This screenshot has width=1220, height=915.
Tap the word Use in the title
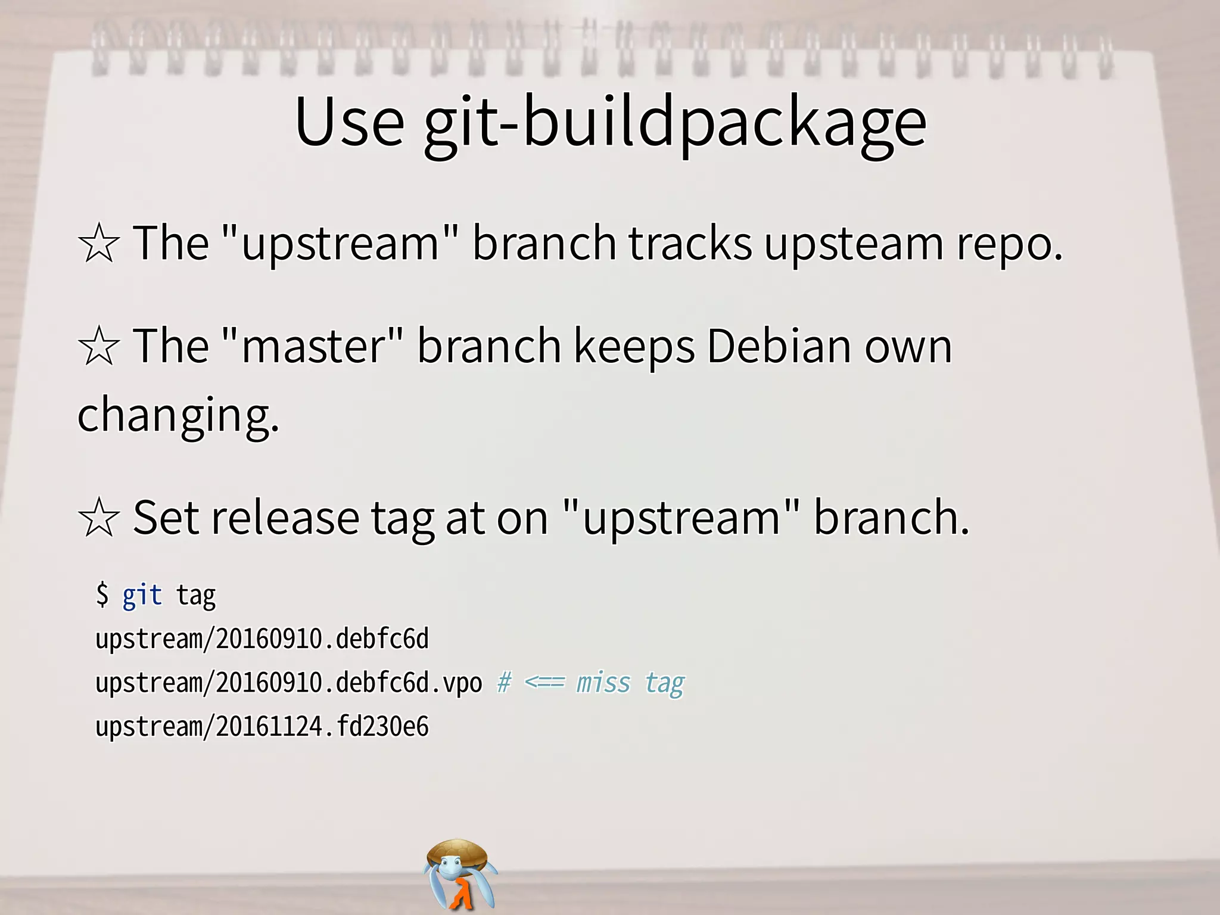coord(350,122)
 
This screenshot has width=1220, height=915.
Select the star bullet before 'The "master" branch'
coord(99,346)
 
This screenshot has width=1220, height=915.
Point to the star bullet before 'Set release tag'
coord(99,518)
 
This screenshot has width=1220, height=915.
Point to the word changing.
coord(178,415)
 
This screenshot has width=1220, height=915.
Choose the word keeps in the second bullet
coord(633,347)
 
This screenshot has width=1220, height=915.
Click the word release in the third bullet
coord(285,517)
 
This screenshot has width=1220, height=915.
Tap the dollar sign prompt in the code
coord(102,595)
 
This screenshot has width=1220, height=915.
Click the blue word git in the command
coord(142,595)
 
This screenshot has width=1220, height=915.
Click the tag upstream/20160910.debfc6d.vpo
coord(288,683)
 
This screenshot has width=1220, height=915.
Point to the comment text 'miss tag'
coord(630,683)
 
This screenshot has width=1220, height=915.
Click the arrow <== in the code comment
coord(544,683)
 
